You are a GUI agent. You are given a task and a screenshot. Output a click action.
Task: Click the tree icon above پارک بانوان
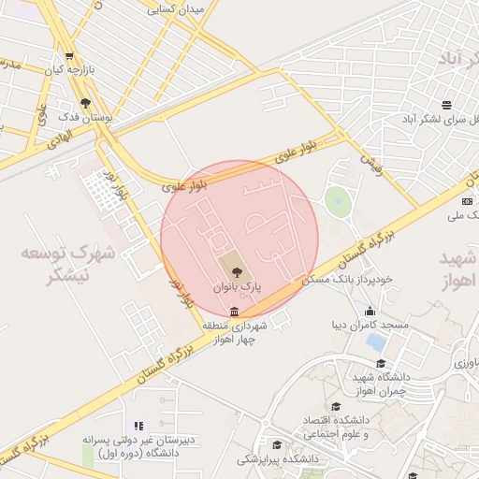coord(236,273)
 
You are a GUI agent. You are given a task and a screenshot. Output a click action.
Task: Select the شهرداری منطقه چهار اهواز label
coord(245,332)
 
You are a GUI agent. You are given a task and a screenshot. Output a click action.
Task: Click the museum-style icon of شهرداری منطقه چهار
coord(233,312)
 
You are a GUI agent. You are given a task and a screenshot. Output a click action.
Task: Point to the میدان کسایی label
coord(182,7)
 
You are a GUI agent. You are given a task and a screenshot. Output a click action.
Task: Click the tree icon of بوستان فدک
coord(86,104)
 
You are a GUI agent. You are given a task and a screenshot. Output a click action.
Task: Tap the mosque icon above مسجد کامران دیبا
coord(371,312)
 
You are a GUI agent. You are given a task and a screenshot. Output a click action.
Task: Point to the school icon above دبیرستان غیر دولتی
coord(139,427)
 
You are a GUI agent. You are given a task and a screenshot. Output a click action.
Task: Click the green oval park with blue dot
coord(337,200)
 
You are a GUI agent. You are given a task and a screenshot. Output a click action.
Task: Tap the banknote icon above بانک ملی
coord(468,201)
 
